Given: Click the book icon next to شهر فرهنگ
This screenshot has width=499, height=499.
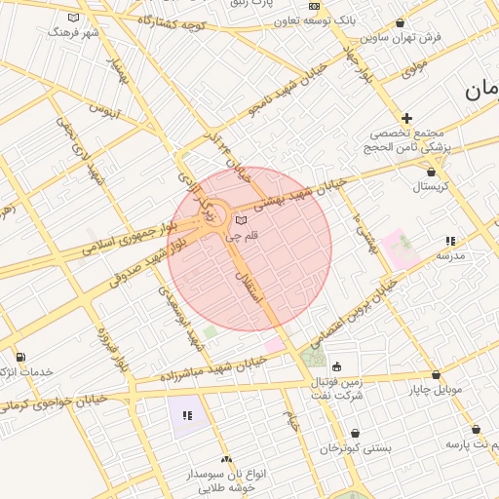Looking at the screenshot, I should click(74, 18).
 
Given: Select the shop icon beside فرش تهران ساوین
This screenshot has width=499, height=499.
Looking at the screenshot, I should click(401, 22).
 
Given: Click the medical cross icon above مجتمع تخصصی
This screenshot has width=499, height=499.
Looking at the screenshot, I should click(407, 117).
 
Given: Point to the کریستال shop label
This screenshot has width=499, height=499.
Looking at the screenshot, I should click(429, 186).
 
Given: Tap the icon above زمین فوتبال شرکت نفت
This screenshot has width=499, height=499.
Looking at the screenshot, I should click(337, 367).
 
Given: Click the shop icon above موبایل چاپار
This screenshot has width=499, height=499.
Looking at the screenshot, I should click(435, 374).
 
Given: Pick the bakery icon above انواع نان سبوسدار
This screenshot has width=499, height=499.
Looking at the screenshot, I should click(226, 458).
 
